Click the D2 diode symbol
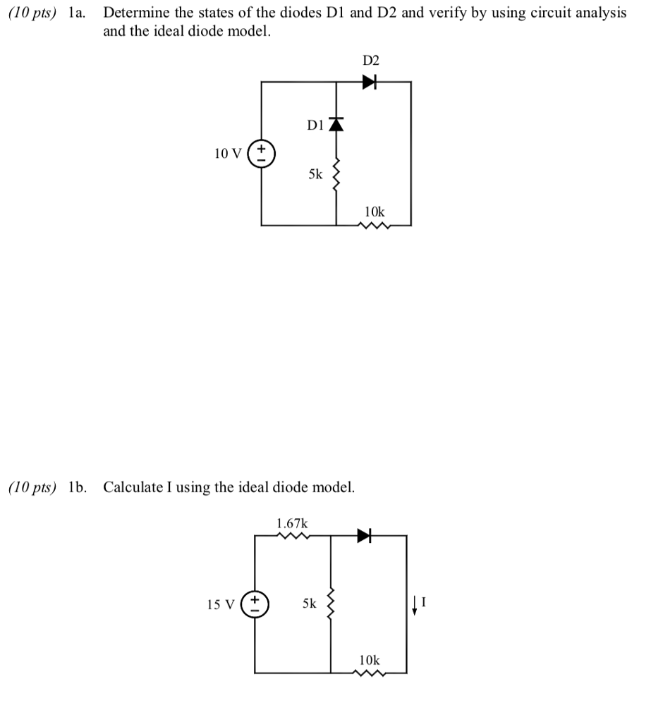coord(370,82)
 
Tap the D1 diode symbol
coord(336,126)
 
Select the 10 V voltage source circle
coord(262,152)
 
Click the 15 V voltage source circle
coord(255,604)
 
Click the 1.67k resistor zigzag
coord(293,536)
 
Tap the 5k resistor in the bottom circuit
coord(331,604)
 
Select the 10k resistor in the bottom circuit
coord(370,673)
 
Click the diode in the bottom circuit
coord(364,536)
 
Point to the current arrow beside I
coord(415,605)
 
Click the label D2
coord(371,61)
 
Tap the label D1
coord(315,126)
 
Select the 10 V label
coord(228,153)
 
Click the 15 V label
coord(221,604)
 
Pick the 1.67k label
coord(291,523)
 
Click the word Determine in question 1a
coord(135,13)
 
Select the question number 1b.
coord(78,487)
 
